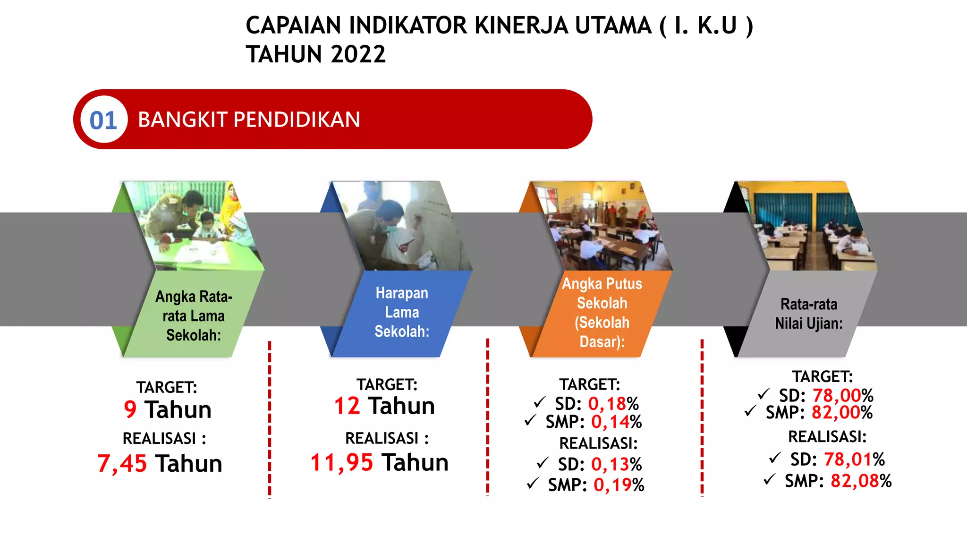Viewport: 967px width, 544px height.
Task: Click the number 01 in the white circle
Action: click(x=103, y=120)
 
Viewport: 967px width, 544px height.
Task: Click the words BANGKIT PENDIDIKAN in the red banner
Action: click(x=249, y=119)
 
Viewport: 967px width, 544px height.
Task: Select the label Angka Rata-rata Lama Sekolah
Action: click(x=194, y=315)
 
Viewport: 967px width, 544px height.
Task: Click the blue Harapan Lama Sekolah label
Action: click(x=402, y=312)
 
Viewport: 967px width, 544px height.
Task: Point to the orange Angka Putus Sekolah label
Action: click(x=602, y=312)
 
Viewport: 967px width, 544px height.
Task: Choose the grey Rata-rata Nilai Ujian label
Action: click(x=808, y=314)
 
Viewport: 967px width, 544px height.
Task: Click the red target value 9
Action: click(x=130, y=409)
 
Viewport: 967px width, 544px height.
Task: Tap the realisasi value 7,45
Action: click(x=122, y=463)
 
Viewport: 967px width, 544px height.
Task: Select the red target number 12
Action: click(x=347, y=406)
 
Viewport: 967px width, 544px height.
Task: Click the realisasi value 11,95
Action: click(x=342, y=462)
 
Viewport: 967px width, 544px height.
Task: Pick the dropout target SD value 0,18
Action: click(x=607, y=404)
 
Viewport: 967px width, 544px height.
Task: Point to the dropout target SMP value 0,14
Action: click(x=610, y=422)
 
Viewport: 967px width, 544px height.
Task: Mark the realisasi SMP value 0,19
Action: click(x=612, y=485)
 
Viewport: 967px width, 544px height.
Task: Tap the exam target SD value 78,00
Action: click(x=836, y=395)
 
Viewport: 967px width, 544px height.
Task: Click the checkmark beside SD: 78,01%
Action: click(x=775, y=458)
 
